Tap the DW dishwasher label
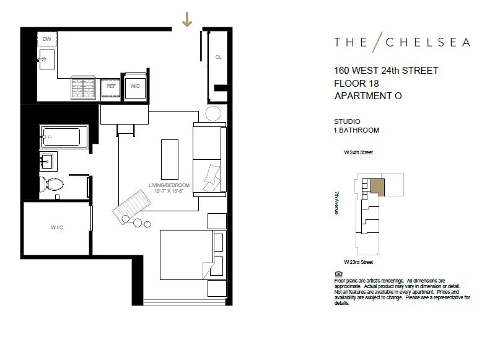coord(47,39)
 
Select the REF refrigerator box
coord(112,87)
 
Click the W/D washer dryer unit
coord(135,87)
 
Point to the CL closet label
coord(218,57)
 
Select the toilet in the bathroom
coord(52,183)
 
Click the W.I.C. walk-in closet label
coord(58,228)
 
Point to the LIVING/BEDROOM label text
coord(166,184)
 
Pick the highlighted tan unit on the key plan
coord(377,187)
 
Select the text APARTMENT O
coord(368,96)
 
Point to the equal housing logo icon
coord(338,273)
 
